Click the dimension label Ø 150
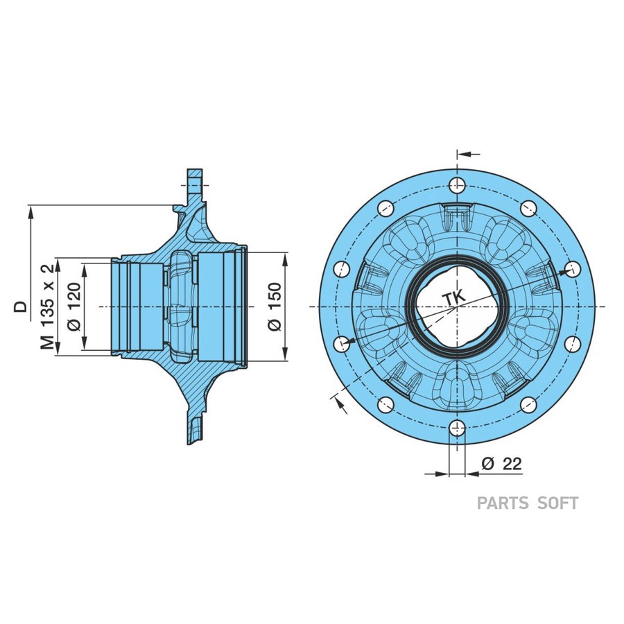[x=275, y=306]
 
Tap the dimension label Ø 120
[x=76, y=306]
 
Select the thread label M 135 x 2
[x=47, y=306]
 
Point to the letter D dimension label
[x=23, y=306]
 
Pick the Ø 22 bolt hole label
[x=501, y=465]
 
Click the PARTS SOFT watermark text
[x=527, y=503]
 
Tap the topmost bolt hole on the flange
[x=456, y=185]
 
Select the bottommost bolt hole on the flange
[x=456, y=428]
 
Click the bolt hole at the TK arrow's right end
[x=572, y=268]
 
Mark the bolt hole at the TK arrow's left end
[x=340, y=343]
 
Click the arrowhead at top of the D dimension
[x=30, y=211]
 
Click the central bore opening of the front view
[x=456, y=306]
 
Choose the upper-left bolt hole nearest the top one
[x=384, y=207]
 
